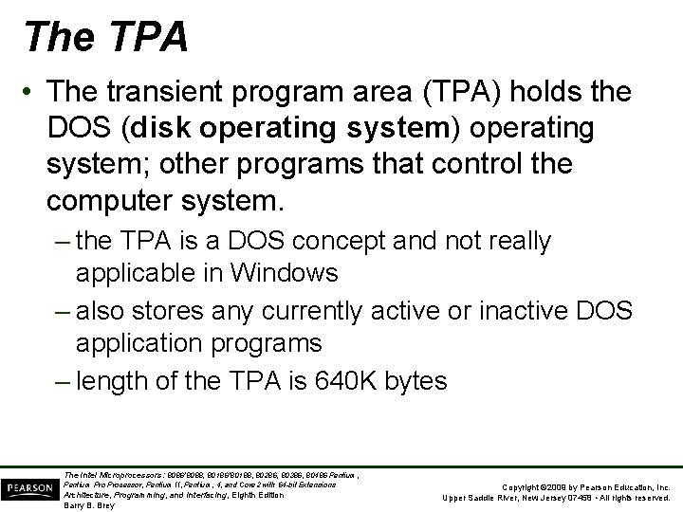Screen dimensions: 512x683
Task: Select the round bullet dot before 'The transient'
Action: (x=32, y=93)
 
